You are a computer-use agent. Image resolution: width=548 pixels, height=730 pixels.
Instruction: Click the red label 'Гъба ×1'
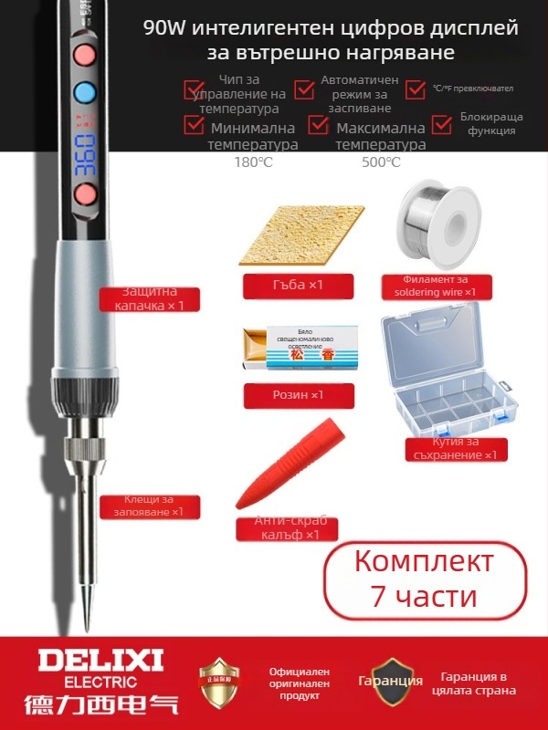pos(286,286)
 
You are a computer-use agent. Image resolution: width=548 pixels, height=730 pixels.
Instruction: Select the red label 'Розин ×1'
pos(286,395)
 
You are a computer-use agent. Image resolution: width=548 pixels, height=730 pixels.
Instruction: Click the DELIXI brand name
pos(89,658)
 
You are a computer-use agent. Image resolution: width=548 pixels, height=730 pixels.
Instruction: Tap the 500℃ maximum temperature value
pos(381,162)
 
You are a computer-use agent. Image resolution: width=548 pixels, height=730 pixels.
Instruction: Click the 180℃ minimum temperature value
pos(253,162)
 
